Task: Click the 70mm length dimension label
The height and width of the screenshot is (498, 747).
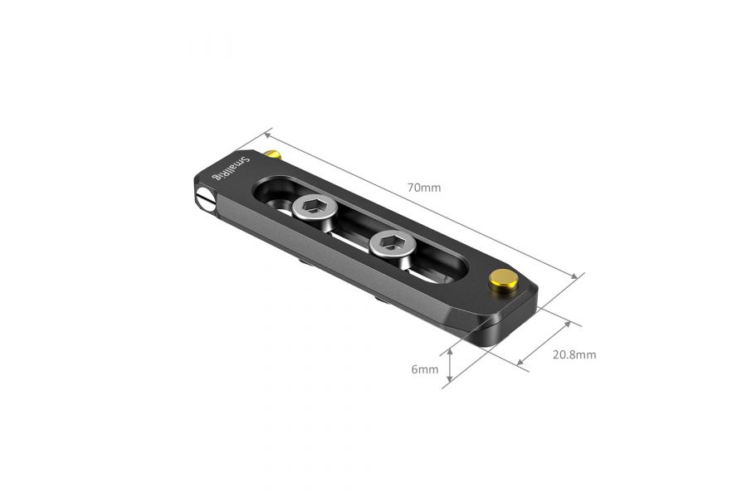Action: tap(424, 188)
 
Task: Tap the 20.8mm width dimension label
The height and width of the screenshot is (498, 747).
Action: tap(574, 354)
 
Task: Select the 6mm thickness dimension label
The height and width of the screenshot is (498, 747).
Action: tap(424, 369)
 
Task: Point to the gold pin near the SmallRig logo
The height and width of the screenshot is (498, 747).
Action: tap(273, 154)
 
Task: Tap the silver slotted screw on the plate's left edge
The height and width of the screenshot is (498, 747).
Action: tap(205, 198)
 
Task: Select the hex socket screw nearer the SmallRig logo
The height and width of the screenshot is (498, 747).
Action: tap(313, 212)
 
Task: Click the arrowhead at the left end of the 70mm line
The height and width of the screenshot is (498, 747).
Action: tap(267, 133)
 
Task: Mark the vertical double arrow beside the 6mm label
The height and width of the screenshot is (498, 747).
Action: tap(449, 367)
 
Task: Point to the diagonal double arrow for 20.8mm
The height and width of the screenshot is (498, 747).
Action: tap(544, 343)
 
